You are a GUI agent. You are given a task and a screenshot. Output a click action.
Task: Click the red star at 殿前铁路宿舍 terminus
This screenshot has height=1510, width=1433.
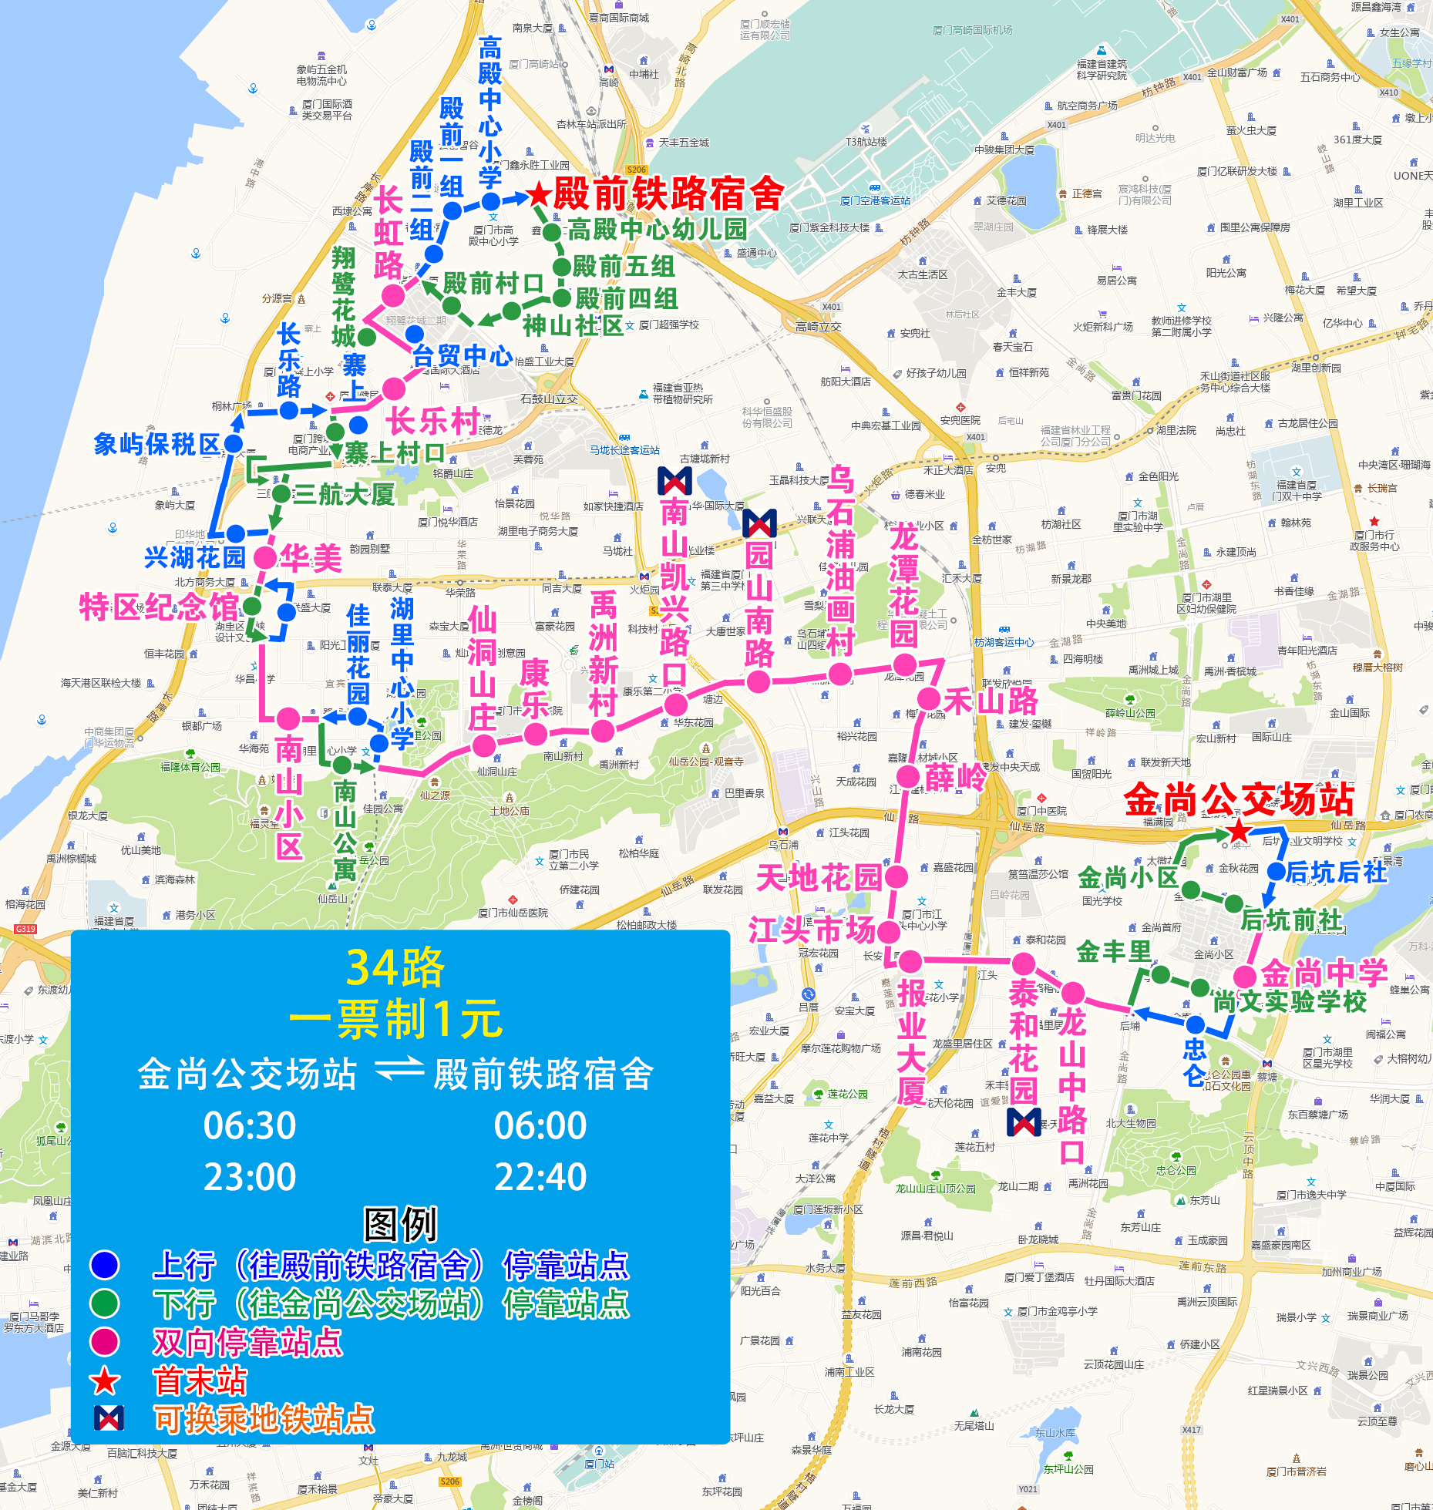click(x=539, y=194)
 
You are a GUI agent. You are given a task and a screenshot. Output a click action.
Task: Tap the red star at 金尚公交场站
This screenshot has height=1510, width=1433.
click(x=1239, y=832)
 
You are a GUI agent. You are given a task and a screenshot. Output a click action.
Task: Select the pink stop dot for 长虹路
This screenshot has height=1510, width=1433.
click(x=393, y=295)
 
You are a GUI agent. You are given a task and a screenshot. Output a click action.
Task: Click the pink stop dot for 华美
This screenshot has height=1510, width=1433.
click(x=265, y=557)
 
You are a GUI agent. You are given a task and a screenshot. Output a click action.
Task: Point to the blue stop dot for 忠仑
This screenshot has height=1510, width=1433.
click(x=1195, y=1025)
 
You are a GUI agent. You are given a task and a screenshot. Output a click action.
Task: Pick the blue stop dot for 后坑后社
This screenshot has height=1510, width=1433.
click(x=1276, y=872)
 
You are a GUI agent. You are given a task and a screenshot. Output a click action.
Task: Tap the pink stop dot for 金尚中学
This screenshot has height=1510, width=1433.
click(x=1245, y=977)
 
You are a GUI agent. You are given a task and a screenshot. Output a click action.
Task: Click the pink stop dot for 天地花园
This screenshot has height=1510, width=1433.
click(x=896, y=876)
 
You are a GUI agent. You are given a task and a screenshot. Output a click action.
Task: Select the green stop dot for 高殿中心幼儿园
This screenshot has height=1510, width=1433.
click(x=552, y=231)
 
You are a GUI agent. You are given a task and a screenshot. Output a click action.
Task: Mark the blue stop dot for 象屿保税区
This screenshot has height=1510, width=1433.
click(x=233, y=444)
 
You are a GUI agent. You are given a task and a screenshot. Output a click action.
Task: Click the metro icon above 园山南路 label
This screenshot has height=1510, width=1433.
click(x=759, y=523)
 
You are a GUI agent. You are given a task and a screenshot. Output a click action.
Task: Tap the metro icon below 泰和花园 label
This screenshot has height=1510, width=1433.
click(x=1024, y=1122)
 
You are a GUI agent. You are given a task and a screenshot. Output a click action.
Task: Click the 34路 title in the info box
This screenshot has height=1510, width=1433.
click(x=395, y=967)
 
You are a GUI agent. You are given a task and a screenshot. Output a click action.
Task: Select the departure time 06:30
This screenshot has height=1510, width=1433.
click(x=250, y=1126)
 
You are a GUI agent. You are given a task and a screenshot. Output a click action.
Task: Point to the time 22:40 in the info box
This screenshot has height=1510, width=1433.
click(x=540, y=1177)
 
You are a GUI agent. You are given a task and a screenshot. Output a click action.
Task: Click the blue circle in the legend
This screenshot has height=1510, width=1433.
click(x=105, y=1265)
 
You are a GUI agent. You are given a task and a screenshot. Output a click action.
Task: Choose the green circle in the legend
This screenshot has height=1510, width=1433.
click(x=105, y=1303)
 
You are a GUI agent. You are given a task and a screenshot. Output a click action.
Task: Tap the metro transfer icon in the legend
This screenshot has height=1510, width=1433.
click(x=109, y=1418)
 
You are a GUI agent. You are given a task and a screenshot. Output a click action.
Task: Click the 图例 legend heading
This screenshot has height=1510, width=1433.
click(x=400, y=1224)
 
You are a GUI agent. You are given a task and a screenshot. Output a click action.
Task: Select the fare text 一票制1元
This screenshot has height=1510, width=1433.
click(x=395, y=1020)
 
